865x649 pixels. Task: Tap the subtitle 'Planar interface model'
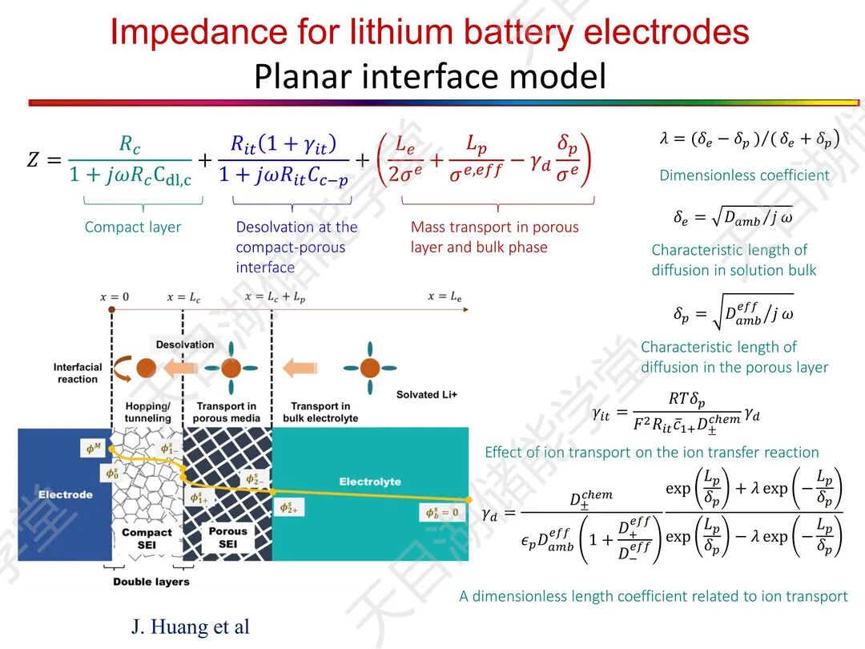[430, 77]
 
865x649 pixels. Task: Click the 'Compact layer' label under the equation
[133, 228]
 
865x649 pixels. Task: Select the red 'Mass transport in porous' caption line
[494, 228]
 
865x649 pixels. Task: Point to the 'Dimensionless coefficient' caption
[744, 175]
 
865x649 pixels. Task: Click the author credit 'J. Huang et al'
[191, 626]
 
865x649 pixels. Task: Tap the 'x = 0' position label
[114, 297]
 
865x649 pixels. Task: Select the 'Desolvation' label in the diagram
[185, 345]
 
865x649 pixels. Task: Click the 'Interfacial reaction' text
[78, 373]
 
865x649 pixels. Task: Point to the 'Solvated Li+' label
[427, 395]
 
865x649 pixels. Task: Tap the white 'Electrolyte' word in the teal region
[369, 482]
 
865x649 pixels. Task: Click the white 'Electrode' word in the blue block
[66, 494]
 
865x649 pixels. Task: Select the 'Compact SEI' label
[147, 538]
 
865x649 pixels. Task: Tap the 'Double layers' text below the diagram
[151, 582]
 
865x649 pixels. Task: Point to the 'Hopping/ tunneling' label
[148, 412]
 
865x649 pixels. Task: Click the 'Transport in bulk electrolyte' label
[320, 412]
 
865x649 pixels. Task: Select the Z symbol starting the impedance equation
[33, 159]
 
